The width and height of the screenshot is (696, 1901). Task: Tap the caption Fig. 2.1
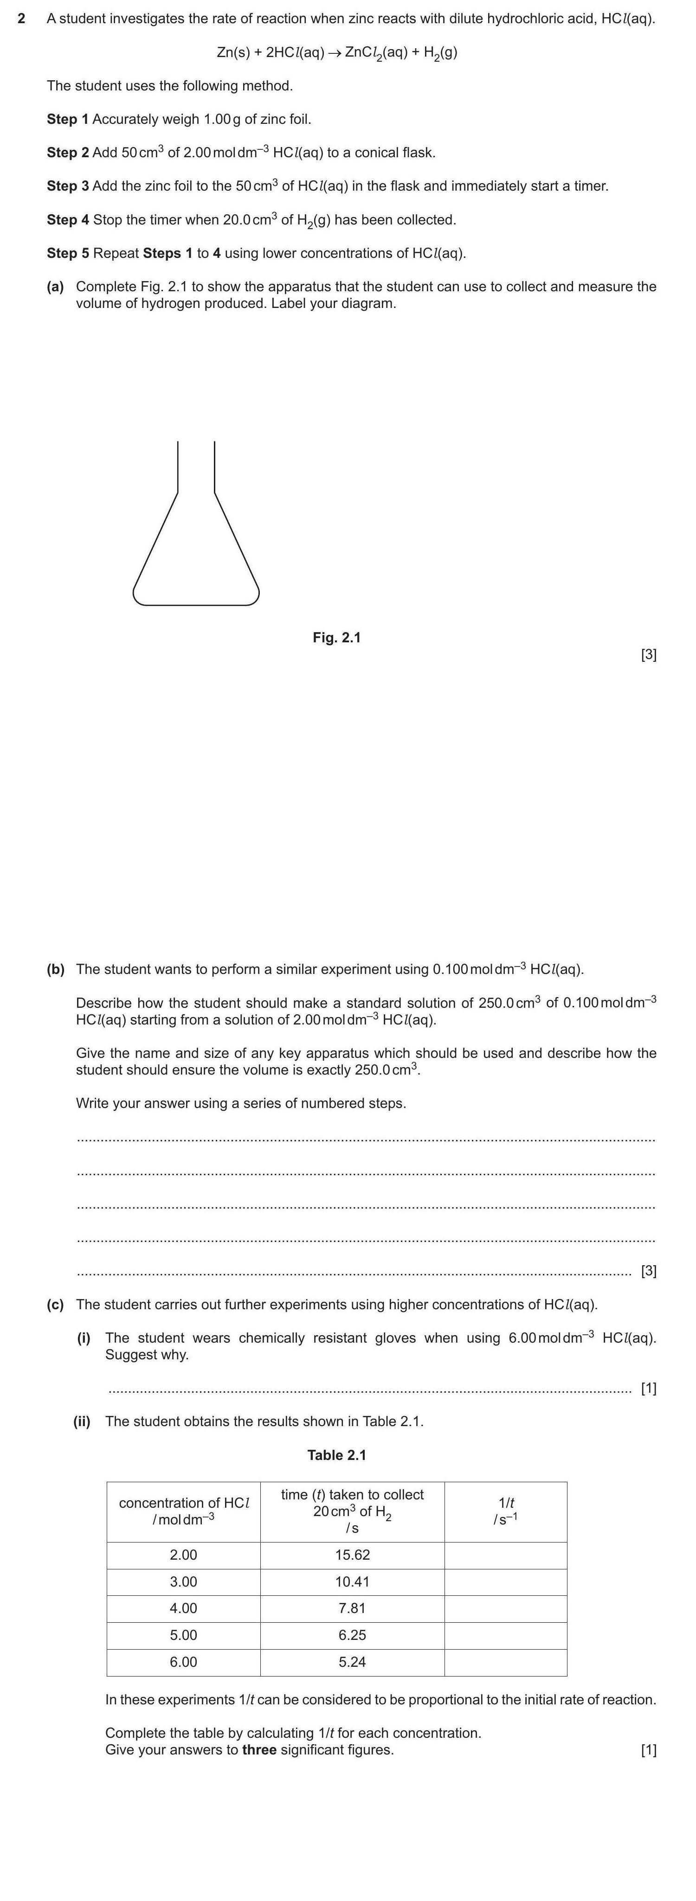coord(336,638)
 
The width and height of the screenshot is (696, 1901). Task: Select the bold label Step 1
coord(67,119)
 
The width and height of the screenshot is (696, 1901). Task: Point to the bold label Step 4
coord(67,220)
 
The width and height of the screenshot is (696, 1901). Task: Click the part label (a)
coord(55,286)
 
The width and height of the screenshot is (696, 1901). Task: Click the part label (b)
coord(55,969)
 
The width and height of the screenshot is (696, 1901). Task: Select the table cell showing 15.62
coord(352,1555)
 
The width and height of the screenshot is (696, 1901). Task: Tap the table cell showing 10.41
coord(352,1581)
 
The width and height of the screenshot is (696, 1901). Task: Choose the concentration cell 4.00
coord(183,1608)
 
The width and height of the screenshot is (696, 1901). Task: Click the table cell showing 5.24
coord(352,1662)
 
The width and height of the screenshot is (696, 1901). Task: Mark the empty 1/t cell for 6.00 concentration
coord(506,1662)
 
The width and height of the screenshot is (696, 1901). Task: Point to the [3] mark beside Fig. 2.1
coord(649,654)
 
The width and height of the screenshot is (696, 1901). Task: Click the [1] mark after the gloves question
coord(649,1388)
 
